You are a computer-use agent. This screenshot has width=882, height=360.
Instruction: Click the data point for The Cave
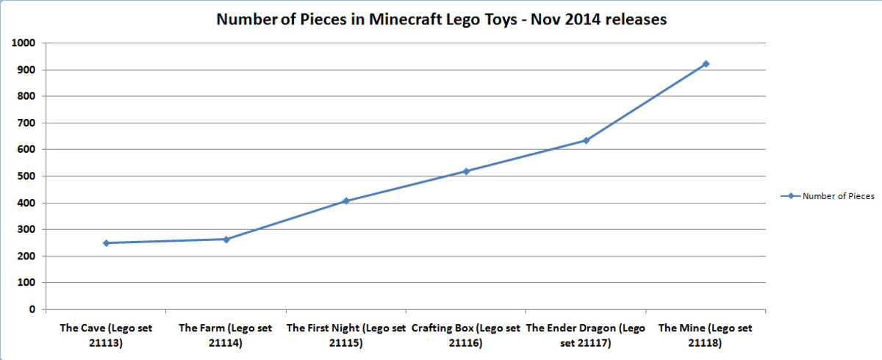(x=107, y=242)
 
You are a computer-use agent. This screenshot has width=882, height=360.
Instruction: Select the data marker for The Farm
(x=226, y=239)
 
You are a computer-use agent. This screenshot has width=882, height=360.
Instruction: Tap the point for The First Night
(x=346, y=201)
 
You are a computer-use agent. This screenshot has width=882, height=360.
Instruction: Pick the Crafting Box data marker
(x=466, y=171)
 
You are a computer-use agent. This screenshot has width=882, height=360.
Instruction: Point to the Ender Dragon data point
(x=587, y=140)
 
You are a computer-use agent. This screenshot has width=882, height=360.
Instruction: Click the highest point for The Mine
(x=706, y=64)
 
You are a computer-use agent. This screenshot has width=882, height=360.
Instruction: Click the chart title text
(x=441, y=20)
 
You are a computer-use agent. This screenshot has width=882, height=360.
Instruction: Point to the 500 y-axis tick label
(x=27, y=176)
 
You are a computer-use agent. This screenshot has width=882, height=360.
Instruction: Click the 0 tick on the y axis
(x=32, y=309)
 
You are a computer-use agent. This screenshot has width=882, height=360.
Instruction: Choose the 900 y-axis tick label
(x=27, y=70)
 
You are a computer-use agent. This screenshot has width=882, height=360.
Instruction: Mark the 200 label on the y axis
(x=27, y=256)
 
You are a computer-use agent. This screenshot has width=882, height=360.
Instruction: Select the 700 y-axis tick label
(x=27, y=123)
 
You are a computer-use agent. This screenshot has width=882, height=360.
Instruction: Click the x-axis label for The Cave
(x=107, y=334)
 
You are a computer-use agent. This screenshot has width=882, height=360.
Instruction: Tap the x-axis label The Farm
(x=226, y=334)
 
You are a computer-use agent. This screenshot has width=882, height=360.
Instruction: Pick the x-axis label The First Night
(x=345, y=334)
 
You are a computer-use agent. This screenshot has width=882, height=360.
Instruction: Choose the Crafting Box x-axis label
(x=466, y=334)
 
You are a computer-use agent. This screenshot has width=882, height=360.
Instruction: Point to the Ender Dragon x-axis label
(x=586, y=334)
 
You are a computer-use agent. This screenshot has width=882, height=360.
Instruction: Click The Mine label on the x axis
(x=706, y=334)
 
